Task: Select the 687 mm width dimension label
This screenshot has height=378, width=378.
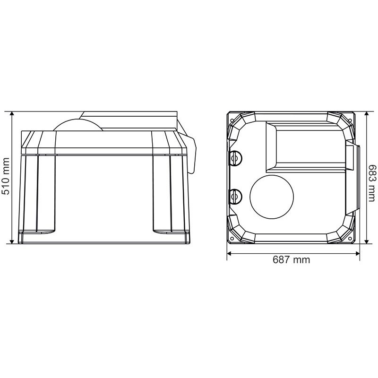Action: [x=291, y=259]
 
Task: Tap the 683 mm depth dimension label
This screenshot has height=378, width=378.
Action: [x=372, y=183]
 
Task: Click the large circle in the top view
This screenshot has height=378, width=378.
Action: [x=272, y=197]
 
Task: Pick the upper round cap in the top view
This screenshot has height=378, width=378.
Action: [x=235, y=158]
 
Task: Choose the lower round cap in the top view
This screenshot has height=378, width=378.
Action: [x=235, y=197]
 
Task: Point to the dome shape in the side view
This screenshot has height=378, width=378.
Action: [x=78, y=125]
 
